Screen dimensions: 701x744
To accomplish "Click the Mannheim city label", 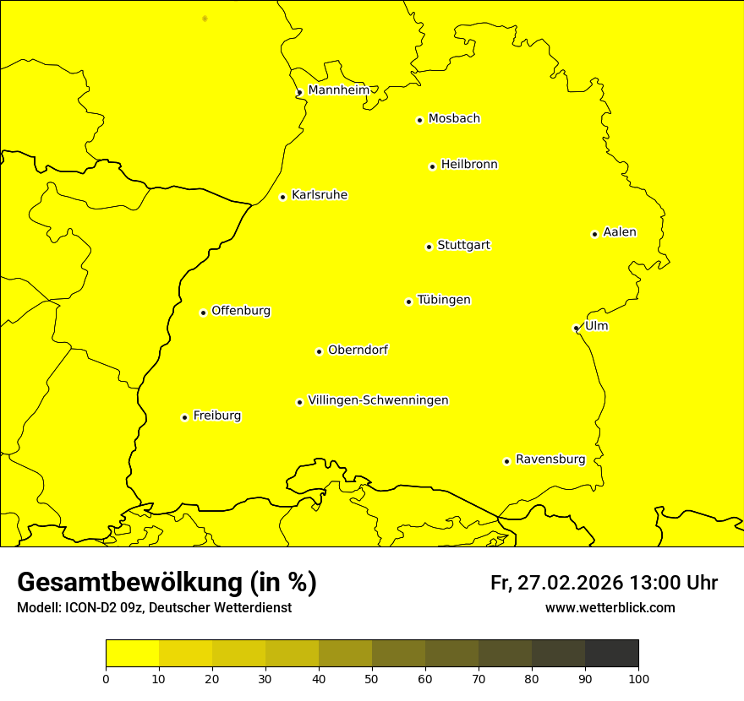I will click(x=338, y=90).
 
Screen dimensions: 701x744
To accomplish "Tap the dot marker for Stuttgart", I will click(x=429, y=247).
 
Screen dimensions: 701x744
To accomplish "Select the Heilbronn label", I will click(x=469, y=165).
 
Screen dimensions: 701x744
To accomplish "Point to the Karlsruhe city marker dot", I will click(x=282, y=197).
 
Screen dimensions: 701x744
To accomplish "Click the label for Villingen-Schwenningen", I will click(x=378, y=400).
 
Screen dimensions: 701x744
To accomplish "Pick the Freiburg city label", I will click(x=216, y=416).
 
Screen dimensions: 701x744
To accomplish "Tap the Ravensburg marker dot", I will click(x=506, y=461).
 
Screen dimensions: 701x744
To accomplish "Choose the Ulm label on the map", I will click(x=596, y=326).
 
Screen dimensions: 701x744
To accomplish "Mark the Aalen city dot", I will click(x=594, y=234).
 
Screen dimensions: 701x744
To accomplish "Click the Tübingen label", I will click(x=444, y=300).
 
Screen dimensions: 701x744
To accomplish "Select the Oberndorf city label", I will click(x=358, y=350).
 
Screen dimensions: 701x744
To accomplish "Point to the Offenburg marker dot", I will click(x=203, y=312).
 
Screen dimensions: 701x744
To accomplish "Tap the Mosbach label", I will click(x=454, y=119).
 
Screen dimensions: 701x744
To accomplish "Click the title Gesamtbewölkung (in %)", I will click(x=167, y=583).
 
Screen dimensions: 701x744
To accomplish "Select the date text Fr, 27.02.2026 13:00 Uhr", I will click(x=604, y=583).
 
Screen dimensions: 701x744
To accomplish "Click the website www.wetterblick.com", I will click(x=610, y=608).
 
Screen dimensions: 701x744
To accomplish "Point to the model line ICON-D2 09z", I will click(x=154, y=608).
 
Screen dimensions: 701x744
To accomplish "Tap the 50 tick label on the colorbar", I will click(x=372, y=677).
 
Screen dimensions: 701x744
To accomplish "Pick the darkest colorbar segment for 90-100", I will click(x=611, y=654).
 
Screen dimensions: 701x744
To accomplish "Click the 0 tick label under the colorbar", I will click(x=106, y=677).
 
